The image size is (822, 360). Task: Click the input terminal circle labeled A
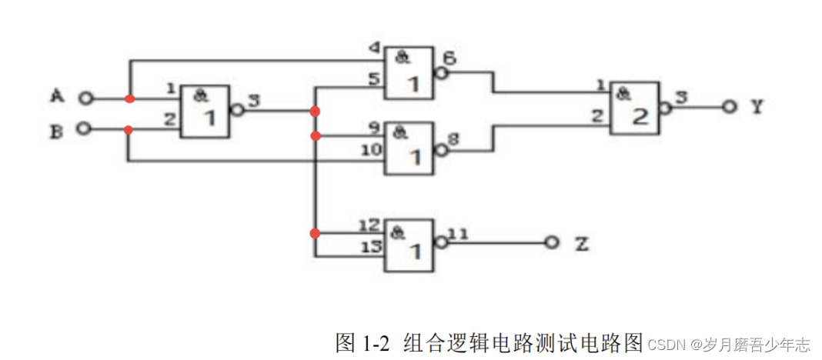coord(86,98)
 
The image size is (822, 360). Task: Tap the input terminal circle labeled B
coord(86,129)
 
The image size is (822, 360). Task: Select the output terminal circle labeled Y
coord(728,107)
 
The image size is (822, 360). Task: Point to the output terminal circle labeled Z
coord(550,242)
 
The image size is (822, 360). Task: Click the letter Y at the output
coord(757,107)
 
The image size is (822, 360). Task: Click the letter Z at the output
coord(582,244)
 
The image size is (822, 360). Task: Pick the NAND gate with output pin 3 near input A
coord(205,112)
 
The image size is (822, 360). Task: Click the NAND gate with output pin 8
coord(409,147)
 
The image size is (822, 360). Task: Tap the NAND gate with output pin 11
coord(409,245)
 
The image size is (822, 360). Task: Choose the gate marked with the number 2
coord(635,108)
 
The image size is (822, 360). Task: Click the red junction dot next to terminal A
coord(129,98)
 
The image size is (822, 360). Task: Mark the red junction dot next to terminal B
coord(129,129)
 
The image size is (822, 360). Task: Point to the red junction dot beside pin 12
coord(314,233)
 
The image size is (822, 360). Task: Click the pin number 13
coord(370,246)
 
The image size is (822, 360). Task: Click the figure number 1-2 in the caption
coord(375,342)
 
